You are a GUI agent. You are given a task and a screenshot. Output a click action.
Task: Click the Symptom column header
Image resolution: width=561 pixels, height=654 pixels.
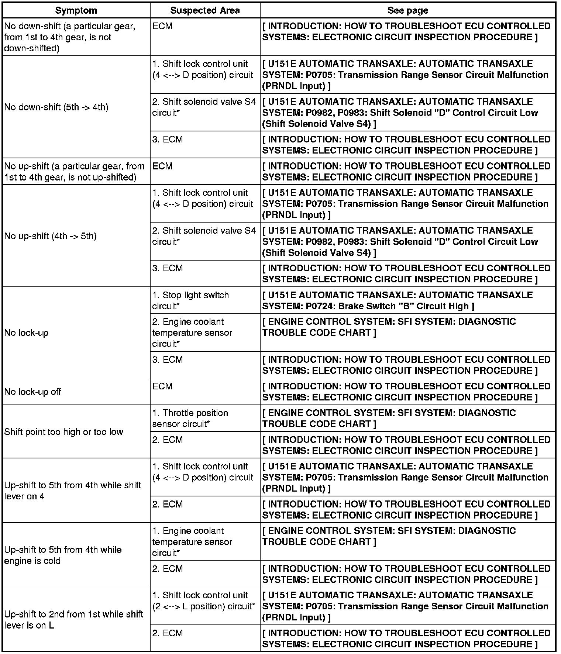[76, 10]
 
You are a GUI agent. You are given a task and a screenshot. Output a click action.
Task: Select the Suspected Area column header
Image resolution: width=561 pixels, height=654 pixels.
[205, 10]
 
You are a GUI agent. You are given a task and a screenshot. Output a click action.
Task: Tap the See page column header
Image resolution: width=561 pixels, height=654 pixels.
[407, 10]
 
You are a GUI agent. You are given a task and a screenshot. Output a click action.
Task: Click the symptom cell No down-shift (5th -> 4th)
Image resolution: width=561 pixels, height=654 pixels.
[56, 107]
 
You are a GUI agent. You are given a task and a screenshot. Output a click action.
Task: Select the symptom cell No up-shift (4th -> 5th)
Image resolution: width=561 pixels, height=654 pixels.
[51, 236]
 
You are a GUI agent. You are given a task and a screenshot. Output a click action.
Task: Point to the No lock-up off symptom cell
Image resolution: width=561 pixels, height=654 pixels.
[33, 392]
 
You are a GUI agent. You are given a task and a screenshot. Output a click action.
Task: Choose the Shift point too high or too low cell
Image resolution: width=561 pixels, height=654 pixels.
[63, 432]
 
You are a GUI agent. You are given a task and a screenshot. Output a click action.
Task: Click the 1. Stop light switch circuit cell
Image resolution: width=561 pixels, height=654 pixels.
[190, 300]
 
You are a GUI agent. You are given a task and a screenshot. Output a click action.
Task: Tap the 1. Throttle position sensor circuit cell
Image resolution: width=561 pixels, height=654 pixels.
[190, 418]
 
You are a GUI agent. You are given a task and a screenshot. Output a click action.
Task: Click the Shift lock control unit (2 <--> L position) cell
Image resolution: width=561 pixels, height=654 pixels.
[203, 600]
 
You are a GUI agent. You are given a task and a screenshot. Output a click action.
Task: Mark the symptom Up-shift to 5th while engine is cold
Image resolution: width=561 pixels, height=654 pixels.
[63, 555]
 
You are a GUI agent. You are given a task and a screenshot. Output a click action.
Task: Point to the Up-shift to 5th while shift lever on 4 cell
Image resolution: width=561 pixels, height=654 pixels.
[73, 490]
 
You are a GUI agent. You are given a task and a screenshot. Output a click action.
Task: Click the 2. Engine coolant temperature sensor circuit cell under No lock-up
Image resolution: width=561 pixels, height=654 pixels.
[192, 333]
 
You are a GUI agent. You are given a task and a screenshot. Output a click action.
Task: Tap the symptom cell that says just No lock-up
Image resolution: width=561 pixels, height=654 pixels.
[27, 333]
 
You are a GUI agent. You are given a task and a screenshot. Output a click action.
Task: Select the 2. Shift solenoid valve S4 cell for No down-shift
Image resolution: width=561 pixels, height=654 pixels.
[204, 107]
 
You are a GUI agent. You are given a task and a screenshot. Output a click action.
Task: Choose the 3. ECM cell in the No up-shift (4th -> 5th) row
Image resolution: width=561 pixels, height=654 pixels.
[168, 268]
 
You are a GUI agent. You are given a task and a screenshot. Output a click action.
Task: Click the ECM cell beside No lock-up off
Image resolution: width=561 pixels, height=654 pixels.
[162, 386]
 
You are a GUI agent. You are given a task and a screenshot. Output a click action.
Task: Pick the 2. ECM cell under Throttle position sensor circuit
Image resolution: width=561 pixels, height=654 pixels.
[168, 440]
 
